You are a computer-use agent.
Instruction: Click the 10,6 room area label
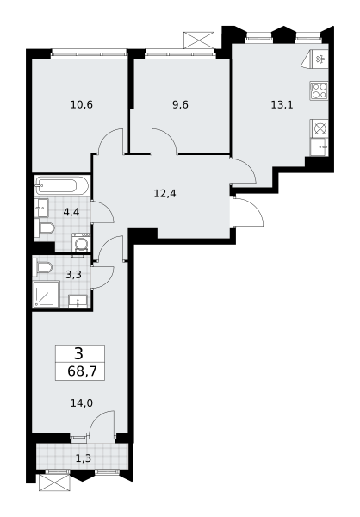pos(82,105)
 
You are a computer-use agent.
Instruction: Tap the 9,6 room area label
pos(180,105)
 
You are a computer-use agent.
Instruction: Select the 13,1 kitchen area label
pos(282,105)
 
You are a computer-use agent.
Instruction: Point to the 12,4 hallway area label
pos(164,193)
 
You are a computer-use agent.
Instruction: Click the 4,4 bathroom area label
pos(71,212)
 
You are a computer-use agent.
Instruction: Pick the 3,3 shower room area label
pos(73,274)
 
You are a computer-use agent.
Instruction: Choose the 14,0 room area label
pos(82,402)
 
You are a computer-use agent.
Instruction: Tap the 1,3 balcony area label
pos(83,458)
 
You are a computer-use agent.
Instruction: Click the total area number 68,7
pos(82,371)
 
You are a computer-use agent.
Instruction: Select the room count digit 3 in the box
pos(79,354)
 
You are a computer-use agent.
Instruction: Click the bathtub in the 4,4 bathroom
pos(62,186)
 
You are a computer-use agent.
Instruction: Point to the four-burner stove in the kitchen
pos(319,90)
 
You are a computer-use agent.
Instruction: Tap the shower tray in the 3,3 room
pos(47,295)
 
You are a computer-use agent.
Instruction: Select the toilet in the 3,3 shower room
pos(42,268)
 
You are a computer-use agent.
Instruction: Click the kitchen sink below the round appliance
pos(319,147)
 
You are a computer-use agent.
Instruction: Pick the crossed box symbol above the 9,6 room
pos(199,40)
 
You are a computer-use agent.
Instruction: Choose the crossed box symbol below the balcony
pos(54,483)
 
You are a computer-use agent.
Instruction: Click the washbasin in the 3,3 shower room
pos(78,302)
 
